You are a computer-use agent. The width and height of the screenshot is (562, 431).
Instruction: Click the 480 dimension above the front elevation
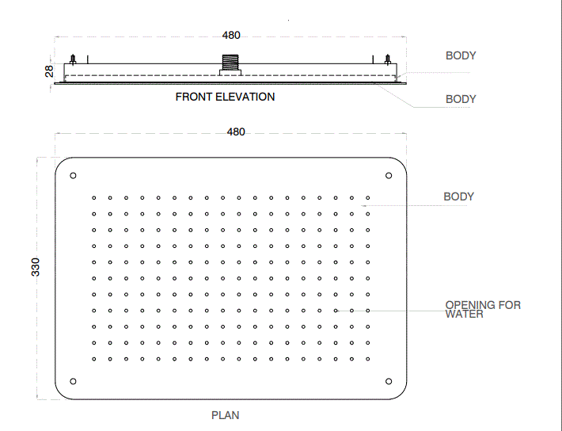231,35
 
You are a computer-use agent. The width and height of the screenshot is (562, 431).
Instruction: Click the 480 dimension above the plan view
236,132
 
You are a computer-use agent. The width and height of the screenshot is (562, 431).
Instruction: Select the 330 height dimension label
36,267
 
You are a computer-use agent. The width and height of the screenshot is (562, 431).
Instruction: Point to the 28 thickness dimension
49,71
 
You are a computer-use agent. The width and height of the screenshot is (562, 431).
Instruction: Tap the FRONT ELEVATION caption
225,97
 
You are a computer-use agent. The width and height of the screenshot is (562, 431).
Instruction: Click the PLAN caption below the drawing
225,415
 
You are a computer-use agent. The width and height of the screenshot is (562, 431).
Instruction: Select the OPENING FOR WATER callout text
483,309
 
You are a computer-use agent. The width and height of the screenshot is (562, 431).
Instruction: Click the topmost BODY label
461,55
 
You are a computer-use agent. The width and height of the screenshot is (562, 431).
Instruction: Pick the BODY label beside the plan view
459,196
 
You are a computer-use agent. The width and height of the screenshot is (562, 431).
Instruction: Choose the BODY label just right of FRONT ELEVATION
461,99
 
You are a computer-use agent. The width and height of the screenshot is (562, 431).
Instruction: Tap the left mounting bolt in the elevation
73,59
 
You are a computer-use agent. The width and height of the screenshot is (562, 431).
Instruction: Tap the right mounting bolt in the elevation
387,59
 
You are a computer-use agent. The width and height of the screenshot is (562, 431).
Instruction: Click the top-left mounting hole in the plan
73,175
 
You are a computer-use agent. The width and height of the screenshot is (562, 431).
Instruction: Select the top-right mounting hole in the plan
389,175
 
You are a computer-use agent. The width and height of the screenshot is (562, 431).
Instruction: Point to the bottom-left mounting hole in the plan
73,381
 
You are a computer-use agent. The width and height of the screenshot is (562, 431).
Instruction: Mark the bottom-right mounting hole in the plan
389,381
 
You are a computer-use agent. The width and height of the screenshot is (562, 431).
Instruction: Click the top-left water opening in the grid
94,198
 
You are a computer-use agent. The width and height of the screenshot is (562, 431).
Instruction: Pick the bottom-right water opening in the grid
368,359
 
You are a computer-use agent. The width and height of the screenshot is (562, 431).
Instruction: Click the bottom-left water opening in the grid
94,359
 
